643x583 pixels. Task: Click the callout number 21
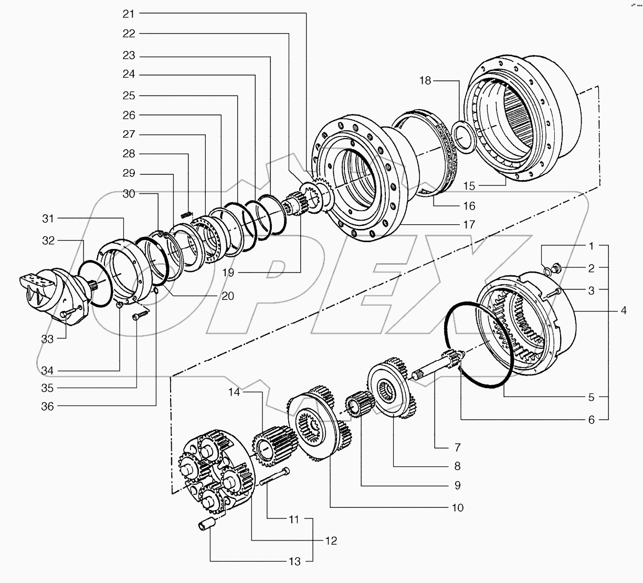[129, 14]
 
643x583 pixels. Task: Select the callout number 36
[48, 406]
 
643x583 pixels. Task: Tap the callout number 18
[425, 80]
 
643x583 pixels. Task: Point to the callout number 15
[469, 186]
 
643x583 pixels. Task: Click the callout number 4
[623, 310]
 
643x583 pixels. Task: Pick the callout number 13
[294, 561]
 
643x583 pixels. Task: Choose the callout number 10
[457, 507]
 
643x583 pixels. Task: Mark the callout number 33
[48, 339]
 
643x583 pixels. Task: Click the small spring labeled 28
[185, 214]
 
